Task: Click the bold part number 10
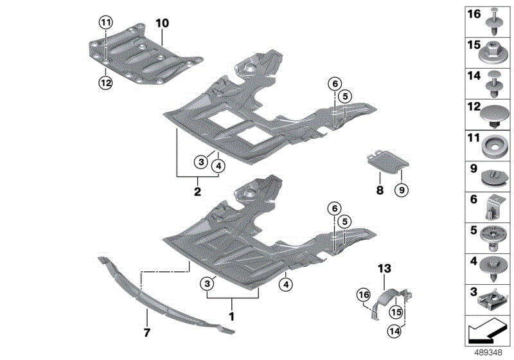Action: [x=161, y=23]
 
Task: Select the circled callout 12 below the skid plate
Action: [x=105, y=82]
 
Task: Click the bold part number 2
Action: [x=197, y=191]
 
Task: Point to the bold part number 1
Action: [x=232, y=316]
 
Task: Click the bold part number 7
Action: [x=146, y=332]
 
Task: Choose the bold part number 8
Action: [x=379, y=190]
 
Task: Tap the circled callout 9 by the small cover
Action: [x=403, y=190]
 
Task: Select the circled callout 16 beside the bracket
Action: [x=364, y=294]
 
